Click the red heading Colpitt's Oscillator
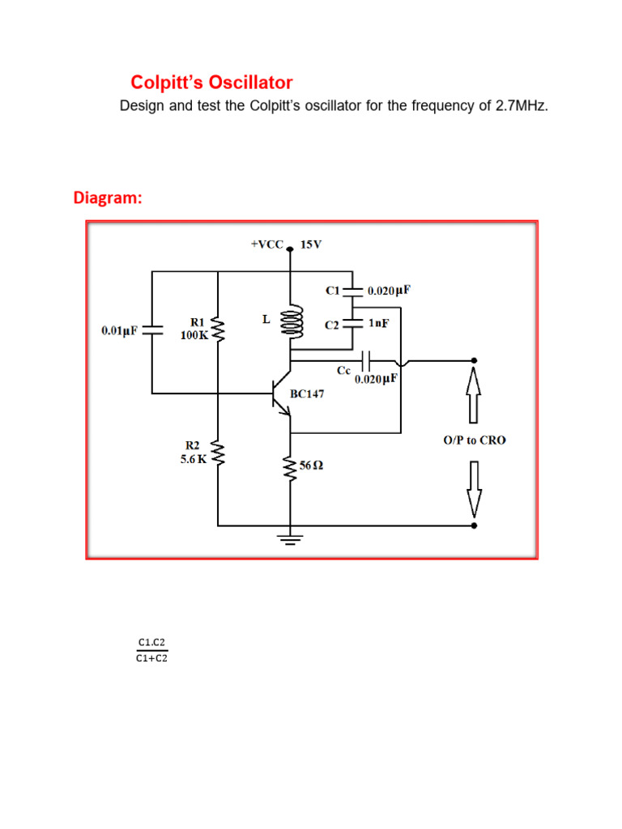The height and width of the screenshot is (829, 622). pos(211,83)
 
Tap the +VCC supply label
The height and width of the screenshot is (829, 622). pos(267,244)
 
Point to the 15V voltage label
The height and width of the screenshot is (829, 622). pos(311,244)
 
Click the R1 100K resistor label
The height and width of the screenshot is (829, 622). pos(194,329)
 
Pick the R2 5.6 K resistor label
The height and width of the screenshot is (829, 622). pos(194,451)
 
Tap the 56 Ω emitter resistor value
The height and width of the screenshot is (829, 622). pos(312,466)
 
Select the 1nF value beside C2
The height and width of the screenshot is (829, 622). pos(378,322)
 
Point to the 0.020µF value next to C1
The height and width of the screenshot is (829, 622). pos(389,290)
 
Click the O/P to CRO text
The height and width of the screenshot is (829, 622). pos(474,441)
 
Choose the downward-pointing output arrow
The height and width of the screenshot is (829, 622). pos(474,488)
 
